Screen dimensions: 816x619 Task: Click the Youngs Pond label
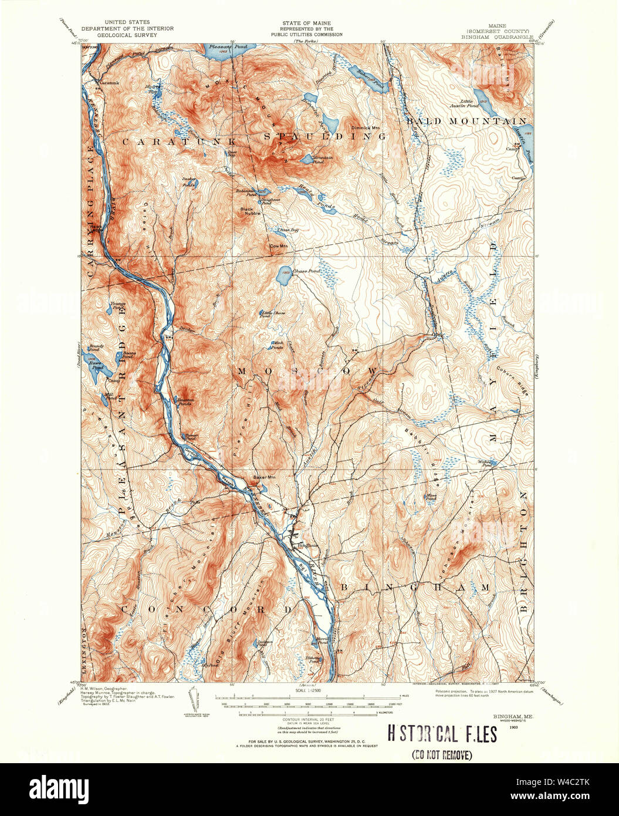118,305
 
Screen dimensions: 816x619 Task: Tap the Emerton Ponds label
185,402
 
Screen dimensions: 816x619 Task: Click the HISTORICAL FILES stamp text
442,734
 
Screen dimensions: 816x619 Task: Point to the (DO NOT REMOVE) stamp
442,755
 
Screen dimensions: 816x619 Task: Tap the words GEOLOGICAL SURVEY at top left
119,34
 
